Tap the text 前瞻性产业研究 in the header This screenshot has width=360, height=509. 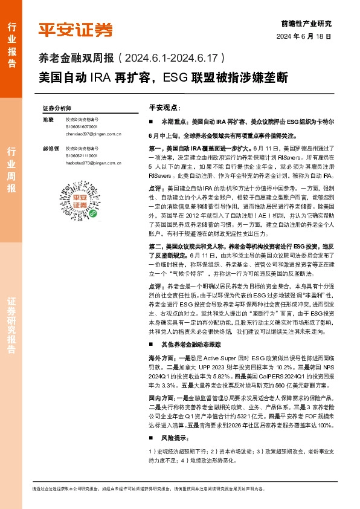coord(306,24)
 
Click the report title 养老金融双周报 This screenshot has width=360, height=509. coord(76,59)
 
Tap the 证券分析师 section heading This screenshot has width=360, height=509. coord(57,108)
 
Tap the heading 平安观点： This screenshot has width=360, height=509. coord(164,107)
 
